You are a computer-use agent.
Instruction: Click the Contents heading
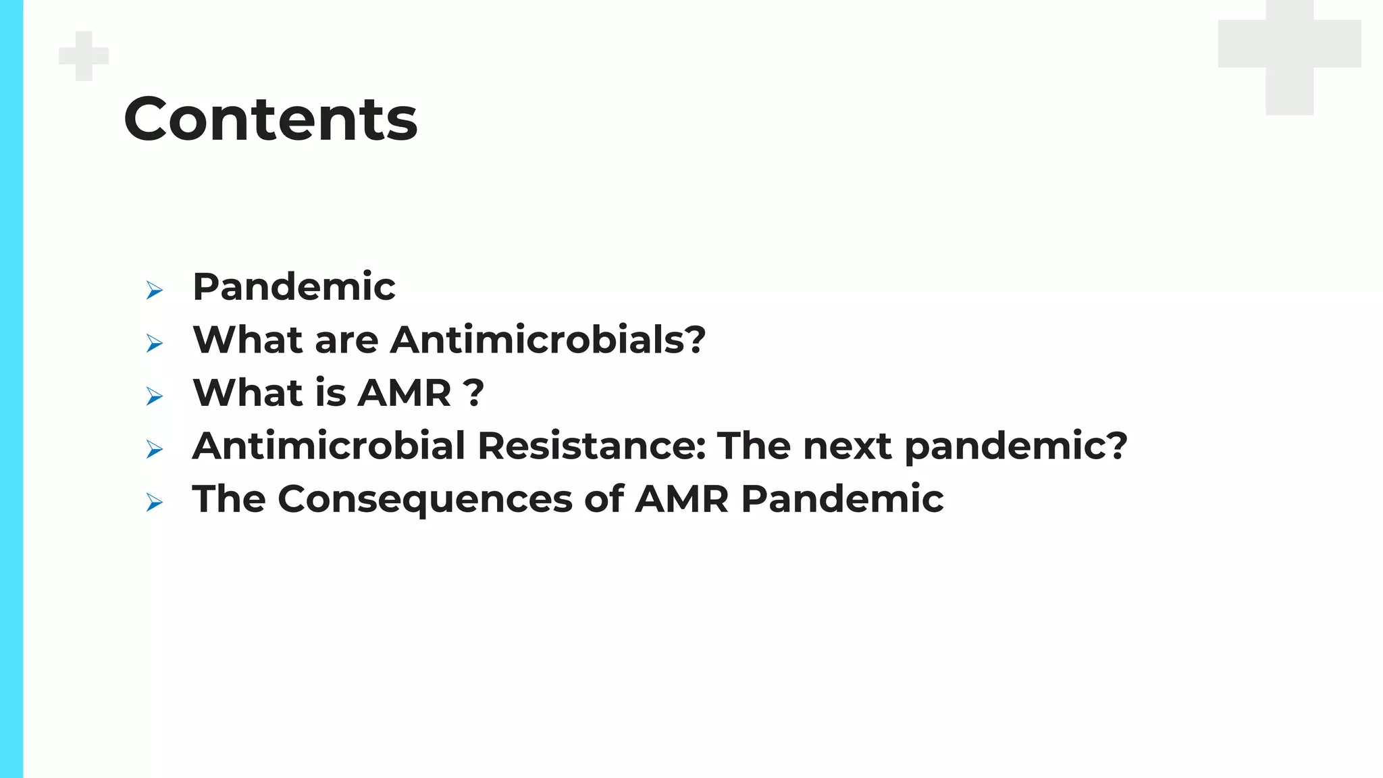click(270, 120)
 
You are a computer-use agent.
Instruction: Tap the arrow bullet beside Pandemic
click(155, 290)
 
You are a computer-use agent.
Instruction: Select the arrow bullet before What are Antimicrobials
click(155, 344)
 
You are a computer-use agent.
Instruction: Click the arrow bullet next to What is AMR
click(155, 396)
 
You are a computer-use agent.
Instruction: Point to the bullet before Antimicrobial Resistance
click(155, 449)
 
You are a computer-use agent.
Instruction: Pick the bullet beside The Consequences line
click(155, 502)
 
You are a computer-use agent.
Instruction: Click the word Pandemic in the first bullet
click(294, 286)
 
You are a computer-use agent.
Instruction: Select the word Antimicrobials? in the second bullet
click(548, 339)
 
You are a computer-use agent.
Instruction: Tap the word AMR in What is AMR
click(404, 392)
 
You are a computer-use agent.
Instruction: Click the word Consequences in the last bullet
click(425, 499)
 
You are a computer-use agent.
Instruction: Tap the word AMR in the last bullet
click(681, 499)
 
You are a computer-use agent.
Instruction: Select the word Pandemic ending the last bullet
click(842, 499)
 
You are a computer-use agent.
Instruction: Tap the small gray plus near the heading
click(84, 56)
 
